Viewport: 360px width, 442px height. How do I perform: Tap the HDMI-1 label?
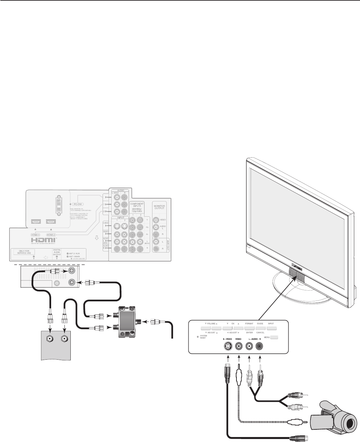pos(36,234)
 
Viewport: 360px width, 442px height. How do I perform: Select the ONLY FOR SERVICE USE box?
pos(24,253)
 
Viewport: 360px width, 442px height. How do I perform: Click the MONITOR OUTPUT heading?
pos(159,207)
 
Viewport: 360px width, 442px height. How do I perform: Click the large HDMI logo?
pos(43,240)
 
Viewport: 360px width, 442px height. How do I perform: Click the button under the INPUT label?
pos(271,328)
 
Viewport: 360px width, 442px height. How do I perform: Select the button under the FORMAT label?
pos(249,328)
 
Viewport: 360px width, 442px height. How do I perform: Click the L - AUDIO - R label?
pos(255,339)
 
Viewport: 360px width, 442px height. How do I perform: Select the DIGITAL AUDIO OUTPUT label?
pos(57,253)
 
